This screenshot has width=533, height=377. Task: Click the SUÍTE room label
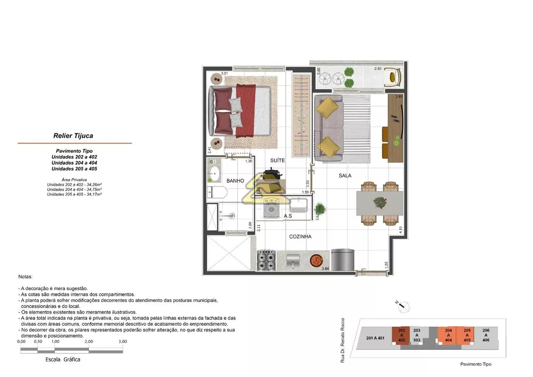click(277, 160)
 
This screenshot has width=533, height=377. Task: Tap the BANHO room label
click(235, 181)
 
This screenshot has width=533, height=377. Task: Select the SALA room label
click(344, 175)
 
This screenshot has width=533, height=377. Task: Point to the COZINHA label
click(300, 236)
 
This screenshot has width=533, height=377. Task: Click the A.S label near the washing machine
click(287, 216)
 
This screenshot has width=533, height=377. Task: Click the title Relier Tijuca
click(73, 136)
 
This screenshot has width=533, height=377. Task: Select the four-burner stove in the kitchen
click(266, 261)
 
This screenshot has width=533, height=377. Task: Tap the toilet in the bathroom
click(213, 193)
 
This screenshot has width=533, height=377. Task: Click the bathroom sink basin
click(216, 173)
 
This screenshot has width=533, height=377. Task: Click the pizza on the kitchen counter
click(316, 260)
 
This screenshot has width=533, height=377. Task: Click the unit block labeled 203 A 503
click(417, 335)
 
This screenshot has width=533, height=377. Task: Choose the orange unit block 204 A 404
click(448, 335)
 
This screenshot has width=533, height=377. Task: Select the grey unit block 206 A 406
click(485, 335)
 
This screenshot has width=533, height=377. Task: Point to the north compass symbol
click(405, 306)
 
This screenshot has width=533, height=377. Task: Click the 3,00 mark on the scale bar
click(123, 341)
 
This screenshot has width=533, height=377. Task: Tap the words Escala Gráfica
click(63, 359)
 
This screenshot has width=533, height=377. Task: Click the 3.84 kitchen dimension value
click(325, 268)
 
